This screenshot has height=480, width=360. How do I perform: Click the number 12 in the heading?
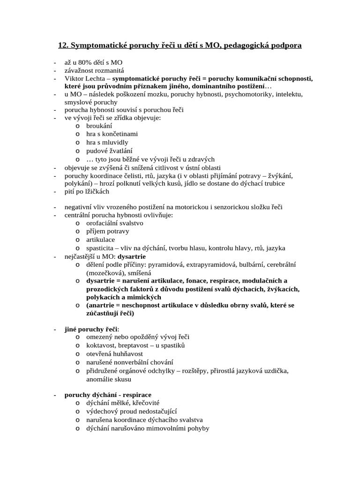point(62,45)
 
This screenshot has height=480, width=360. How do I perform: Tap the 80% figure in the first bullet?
point(87,62)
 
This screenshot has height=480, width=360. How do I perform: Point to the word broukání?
point(99,126)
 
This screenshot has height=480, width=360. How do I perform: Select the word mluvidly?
point(114,142)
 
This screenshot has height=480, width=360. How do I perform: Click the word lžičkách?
point(96,191)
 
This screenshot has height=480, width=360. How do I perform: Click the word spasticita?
point(100,248)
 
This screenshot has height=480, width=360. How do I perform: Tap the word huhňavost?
point(128,353)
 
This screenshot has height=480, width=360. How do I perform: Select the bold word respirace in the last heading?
point(136,395)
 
